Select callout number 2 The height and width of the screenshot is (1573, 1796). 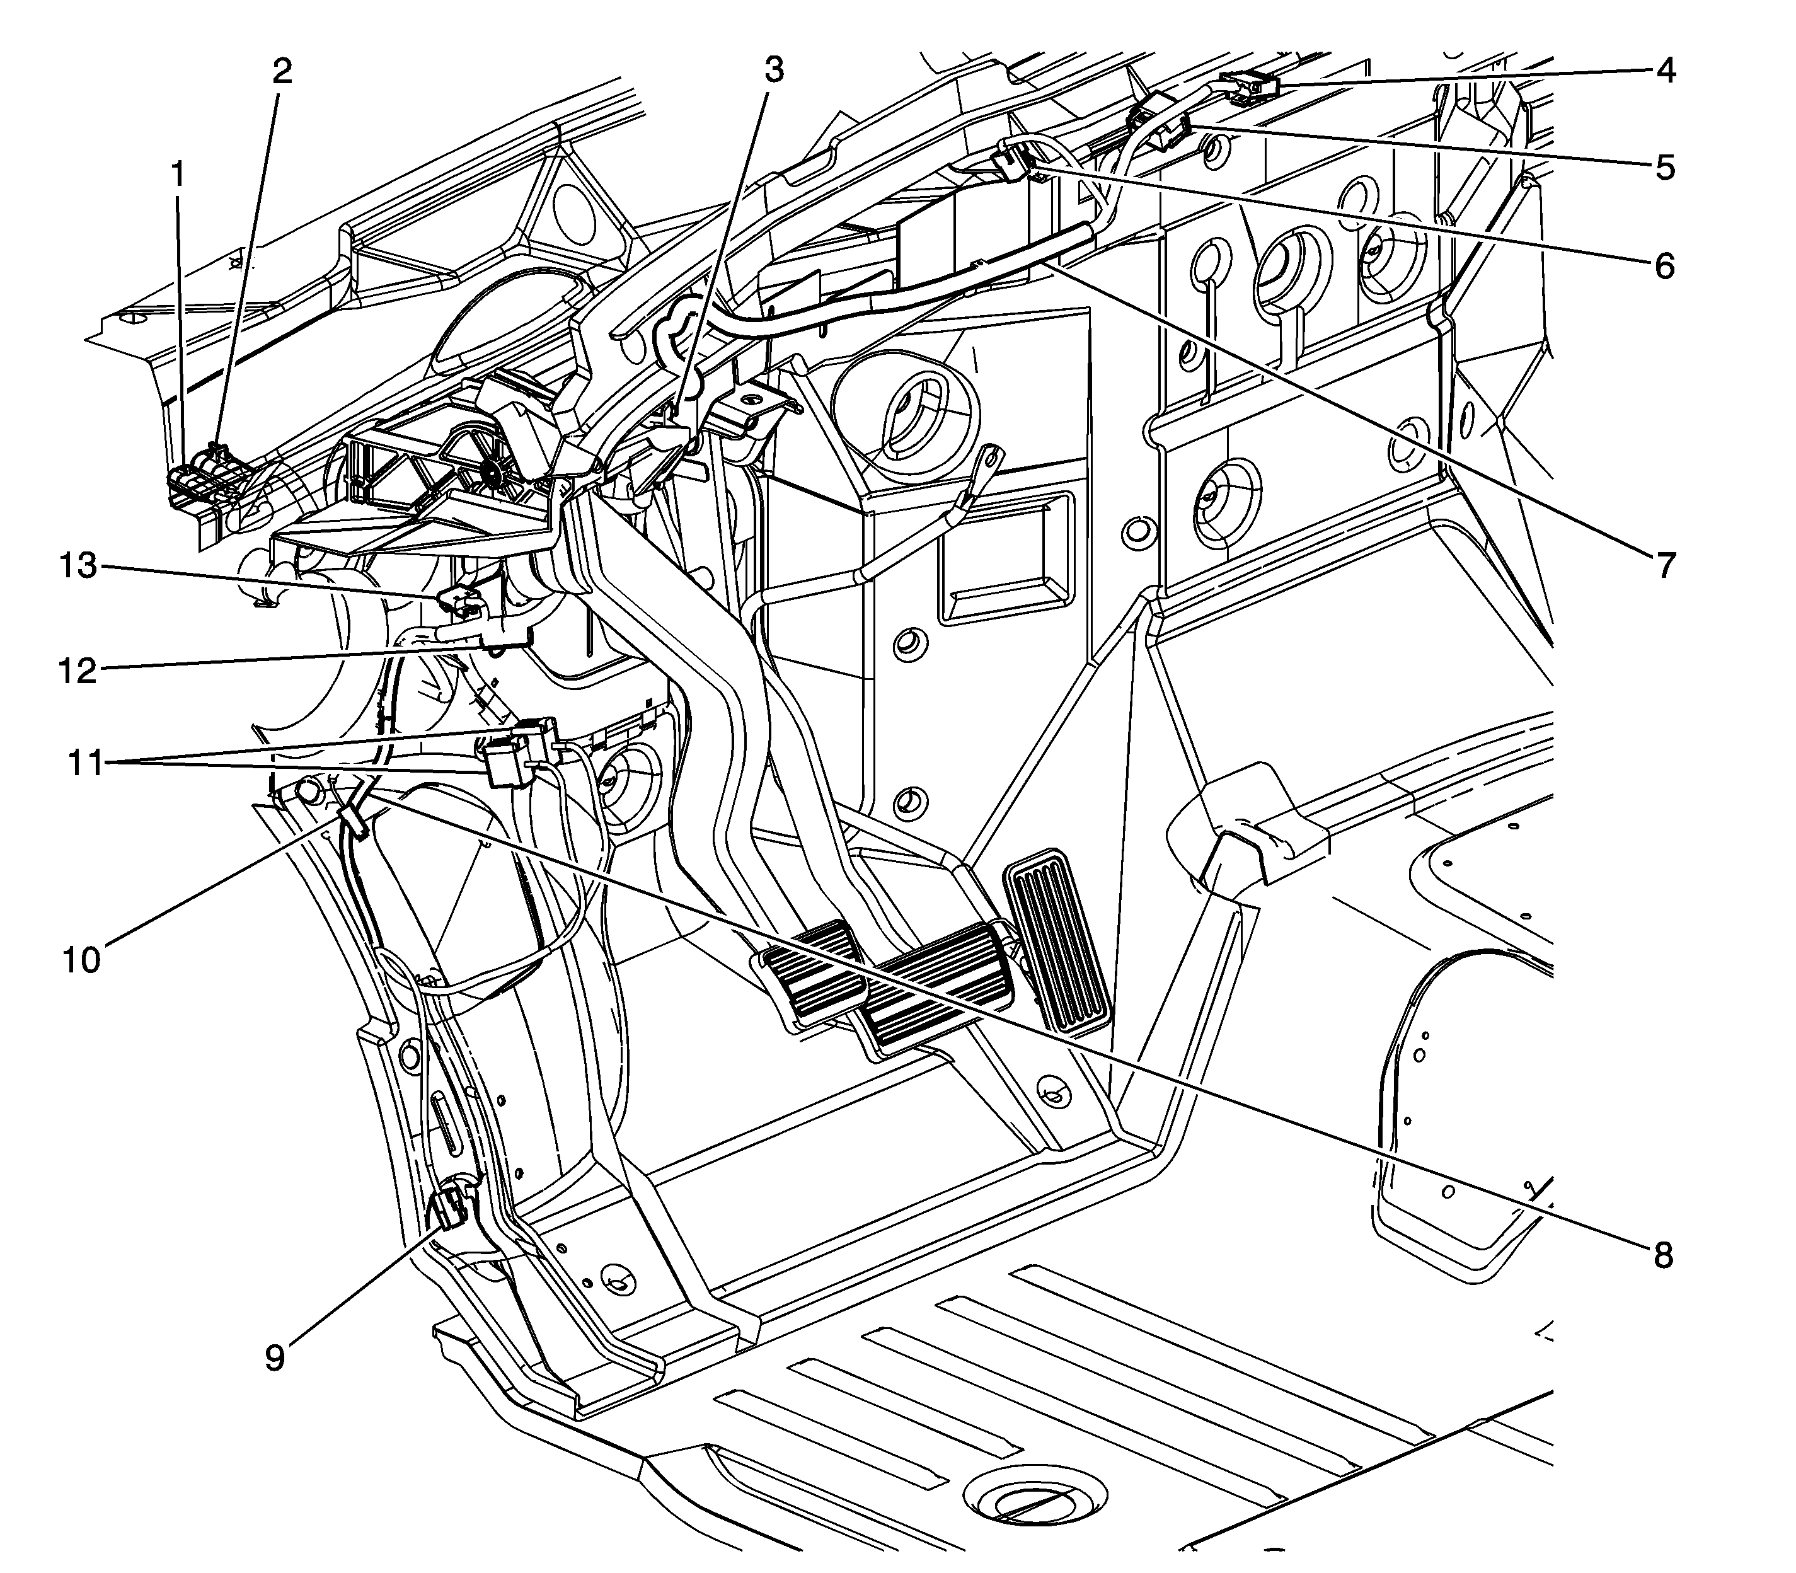click(x=281, y=71)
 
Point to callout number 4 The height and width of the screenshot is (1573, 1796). click(x=1665, y=70)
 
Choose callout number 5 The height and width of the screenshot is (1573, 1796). click(x=1665, y=167)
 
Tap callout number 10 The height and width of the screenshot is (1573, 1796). click(x=82, y=959)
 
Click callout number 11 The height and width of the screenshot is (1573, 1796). click(x=86, y=763)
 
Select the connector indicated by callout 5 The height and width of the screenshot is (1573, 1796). click(x=1159, y=123)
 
